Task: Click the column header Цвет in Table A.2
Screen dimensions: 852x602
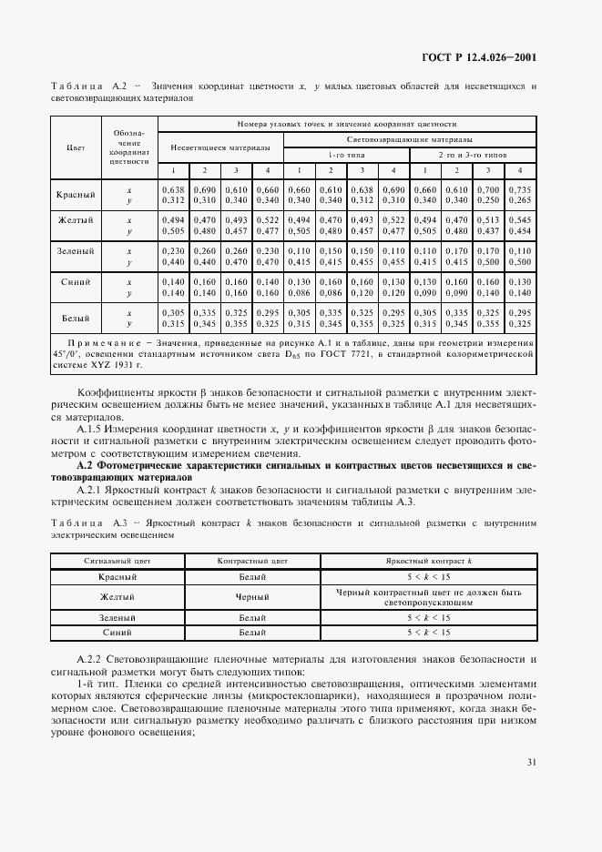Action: tap(77, 147)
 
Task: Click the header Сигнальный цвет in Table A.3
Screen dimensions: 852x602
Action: tap(111, 562)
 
